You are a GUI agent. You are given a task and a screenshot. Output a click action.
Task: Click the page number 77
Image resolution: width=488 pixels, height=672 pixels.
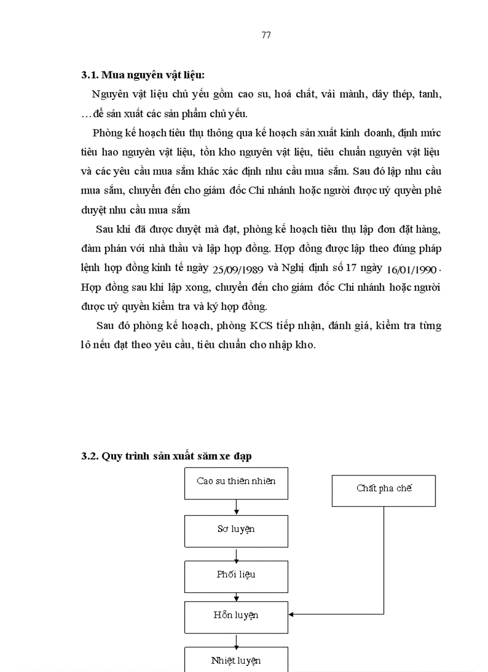click(x=266, y=35)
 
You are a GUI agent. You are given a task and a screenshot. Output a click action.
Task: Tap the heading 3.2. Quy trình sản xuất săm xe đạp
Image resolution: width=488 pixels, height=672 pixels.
click(x=166, y=456)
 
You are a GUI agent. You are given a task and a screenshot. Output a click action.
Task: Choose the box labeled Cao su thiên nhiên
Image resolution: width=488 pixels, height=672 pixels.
click(x=236, y=481)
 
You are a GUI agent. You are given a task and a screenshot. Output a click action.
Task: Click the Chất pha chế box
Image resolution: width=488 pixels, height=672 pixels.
click(x=384, y=489)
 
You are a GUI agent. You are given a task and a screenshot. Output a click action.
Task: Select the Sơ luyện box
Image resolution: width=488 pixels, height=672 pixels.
click(x=236, y=530)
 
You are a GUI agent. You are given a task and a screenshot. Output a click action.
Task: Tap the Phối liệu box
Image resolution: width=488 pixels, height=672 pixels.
click(x=236, y=574)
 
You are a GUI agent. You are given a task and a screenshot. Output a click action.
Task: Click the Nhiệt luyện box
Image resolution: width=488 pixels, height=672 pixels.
click(x=236, y=660)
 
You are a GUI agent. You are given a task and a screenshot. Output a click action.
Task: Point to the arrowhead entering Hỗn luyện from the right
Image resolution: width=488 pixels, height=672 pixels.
click(x=292, y=614)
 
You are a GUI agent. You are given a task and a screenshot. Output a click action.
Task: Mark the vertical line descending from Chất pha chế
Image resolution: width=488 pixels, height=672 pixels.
click(x=384, y=560)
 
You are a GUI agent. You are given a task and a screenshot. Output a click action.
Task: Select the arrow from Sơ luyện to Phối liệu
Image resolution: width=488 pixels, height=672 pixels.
click(x=237, y=552)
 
